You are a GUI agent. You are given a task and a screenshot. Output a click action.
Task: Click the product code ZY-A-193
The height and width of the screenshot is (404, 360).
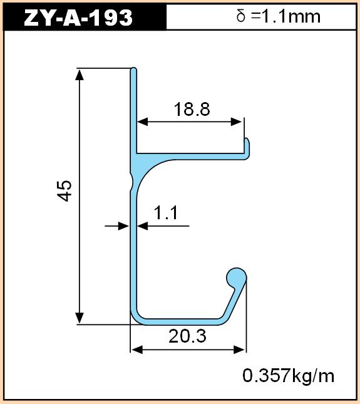click(x=78, y=18)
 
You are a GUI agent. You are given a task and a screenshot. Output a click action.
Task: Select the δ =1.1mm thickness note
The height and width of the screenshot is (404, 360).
click(x=278, y=16)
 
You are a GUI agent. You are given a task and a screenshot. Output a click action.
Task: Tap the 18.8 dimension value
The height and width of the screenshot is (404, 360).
click(x=192, y=109)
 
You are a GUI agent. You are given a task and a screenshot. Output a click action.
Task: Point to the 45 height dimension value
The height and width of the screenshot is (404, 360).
click(x=64, y=190)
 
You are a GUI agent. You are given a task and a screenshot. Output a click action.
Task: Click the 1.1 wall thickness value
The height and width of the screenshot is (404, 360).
click(x=165, y=213)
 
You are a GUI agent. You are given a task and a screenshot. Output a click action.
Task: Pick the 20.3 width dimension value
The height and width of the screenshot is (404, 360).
click(x=187, y=336)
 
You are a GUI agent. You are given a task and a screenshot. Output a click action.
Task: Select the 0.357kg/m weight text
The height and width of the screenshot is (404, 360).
click(x=289, y=376)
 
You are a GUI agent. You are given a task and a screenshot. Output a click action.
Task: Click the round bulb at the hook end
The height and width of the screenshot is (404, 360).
click(x=237, y=278)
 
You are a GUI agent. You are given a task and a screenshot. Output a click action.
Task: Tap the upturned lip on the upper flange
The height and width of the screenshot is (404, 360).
click(x=247, y=147)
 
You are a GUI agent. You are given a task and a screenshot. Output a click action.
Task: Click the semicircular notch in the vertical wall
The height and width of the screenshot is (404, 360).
click(x=131, y=182)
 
